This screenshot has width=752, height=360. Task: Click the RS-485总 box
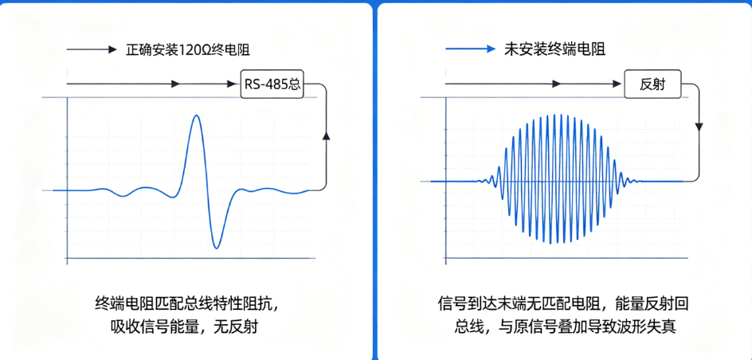272,84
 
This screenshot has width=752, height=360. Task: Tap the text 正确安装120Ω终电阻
187,49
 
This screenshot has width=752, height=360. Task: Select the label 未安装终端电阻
554,49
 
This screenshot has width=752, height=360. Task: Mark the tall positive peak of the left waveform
195,116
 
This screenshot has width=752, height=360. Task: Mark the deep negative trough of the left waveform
217,248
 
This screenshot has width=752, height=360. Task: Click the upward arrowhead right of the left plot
327,137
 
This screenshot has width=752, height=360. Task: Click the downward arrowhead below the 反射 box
699,127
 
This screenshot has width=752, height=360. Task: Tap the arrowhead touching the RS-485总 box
236,84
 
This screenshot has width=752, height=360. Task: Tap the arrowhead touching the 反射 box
619,84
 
